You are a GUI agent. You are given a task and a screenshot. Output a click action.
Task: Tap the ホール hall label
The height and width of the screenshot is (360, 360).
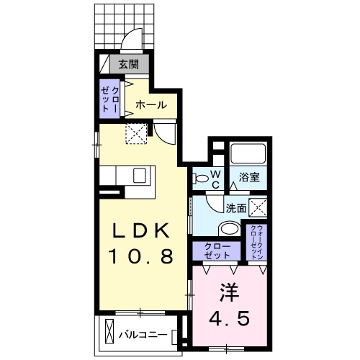click(152, 104)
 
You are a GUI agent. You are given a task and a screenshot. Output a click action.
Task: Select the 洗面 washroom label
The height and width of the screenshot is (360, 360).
click(235, 208)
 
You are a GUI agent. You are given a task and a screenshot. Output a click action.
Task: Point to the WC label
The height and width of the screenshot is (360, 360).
click(216, 179)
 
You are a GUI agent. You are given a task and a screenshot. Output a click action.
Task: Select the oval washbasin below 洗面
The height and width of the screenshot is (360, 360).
click(229, 230)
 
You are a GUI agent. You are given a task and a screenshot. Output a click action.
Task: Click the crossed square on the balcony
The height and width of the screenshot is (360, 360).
click(109, 333)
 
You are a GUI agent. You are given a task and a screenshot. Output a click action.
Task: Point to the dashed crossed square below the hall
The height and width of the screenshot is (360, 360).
click(136, 132)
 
